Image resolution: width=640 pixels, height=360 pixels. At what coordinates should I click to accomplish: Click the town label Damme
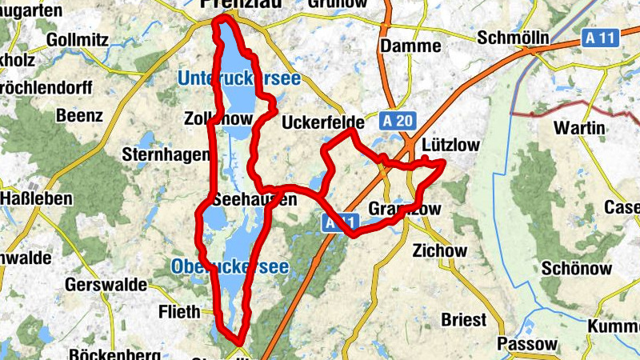click(411, 46)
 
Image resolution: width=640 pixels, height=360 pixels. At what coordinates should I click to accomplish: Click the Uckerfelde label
click(323, 123)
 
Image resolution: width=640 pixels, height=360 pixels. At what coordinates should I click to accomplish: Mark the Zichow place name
click(438, 250)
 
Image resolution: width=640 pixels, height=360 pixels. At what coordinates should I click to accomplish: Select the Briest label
click(464, 320)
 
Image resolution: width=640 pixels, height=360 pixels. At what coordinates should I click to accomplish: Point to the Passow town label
click(526, 344)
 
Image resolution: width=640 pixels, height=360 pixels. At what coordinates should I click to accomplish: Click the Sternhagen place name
click(166, 154)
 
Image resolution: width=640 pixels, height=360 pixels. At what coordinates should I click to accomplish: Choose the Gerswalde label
click(108, 284)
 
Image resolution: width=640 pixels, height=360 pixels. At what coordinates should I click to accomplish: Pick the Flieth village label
click(179, 312)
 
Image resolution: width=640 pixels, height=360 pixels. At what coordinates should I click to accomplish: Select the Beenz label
click(79, 115)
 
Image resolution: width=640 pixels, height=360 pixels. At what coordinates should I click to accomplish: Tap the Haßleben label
click(37, 198)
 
